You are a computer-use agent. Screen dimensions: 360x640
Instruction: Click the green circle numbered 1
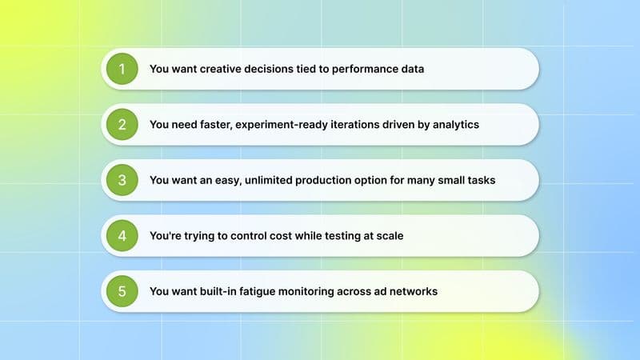[x=122, y=69]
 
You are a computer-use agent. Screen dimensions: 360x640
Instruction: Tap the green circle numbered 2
[x=122, y=124]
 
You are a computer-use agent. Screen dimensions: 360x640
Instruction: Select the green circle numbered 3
[x=122, y=180]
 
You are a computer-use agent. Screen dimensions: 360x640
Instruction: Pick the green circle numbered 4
[x=122, y=236]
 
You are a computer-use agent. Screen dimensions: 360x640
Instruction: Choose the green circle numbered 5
[x=122, y=291]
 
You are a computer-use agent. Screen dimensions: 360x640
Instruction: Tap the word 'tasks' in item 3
[x=480, y=180]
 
